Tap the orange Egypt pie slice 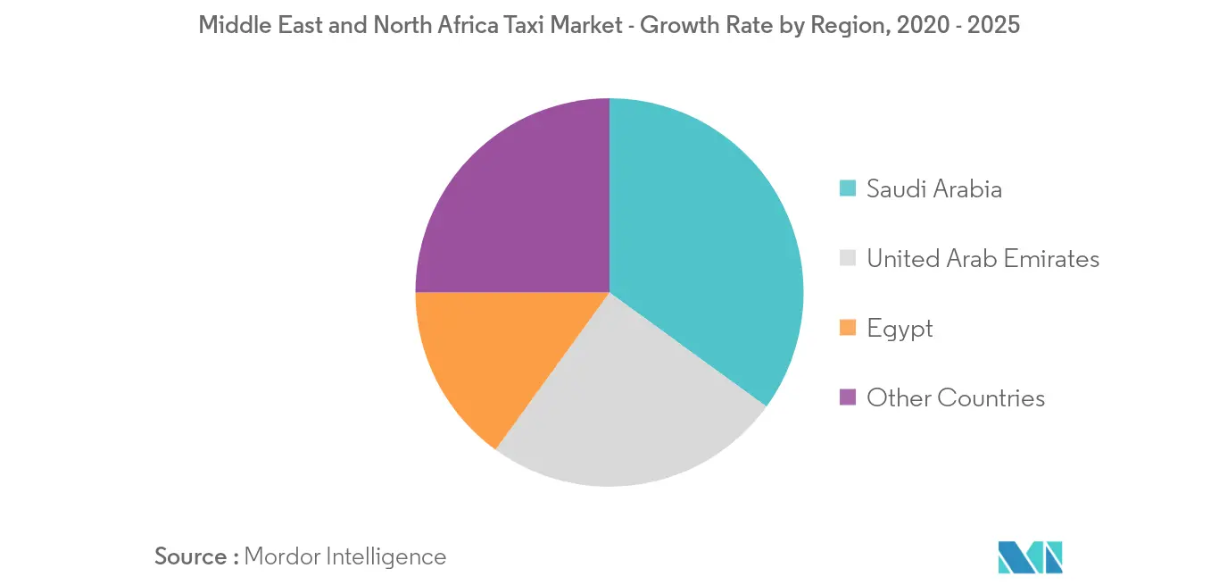click(x=482, y=357)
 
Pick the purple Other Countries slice click(x=518, y=205)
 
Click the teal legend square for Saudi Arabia click(x=848, y=188)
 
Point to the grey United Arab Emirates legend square click(x=848, y=258)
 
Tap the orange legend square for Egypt click(x=848, y=328)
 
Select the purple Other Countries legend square click(x=848, y=397)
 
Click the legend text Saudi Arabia click(x=934, y=188)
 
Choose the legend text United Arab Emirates click(x=983, y=258)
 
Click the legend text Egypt click(x=900, y=328)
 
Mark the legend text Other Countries click(x=956, y=397)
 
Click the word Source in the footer click(x=190, y=556)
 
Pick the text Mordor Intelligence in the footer click(x=344, y=556)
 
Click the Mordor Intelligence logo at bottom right click(x=1031, y=556)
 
